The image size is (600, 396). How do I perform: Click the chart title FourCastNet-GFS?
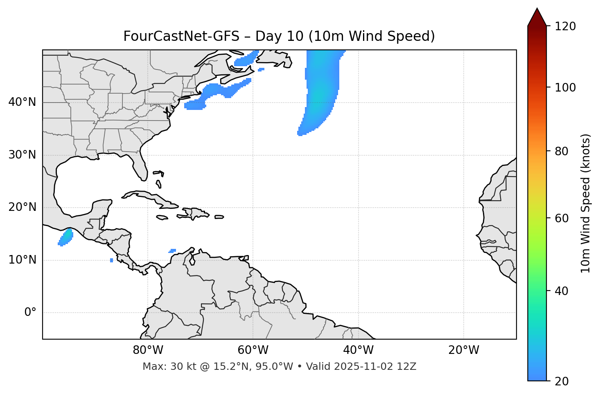(181, 36)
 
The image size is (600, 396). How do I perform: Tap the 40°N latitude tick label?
(22, 102)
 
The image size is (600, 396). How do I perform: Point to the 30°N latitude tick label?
(22, 155)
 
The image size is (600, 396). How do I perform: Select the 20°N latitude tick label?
(22, 207)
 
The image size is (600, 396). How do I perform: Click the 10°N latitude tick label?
(22, 260)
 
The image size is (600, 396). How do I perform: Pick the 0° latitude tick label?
(30, 313)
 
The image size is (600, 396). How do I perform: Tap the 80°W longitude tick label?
(148, 350)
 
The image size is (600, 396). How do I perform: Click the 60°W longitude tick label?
(253, 350)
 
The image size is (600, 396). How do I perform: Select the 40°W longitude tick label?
(359, 350)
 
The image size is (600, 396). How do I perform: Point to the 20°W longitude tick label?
(464, 350)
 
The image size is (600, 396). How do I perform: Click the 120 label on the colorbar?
(565, 27)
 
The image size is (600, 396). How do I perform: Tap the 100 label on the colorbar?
(565, 87)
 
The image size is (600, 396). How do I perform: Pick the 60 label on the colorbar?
(562, 218)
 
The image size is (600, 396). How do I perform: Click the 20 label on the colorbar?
(562, 381)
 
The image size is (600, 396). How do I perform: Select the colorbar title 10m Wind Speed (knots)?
(586, 203)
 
